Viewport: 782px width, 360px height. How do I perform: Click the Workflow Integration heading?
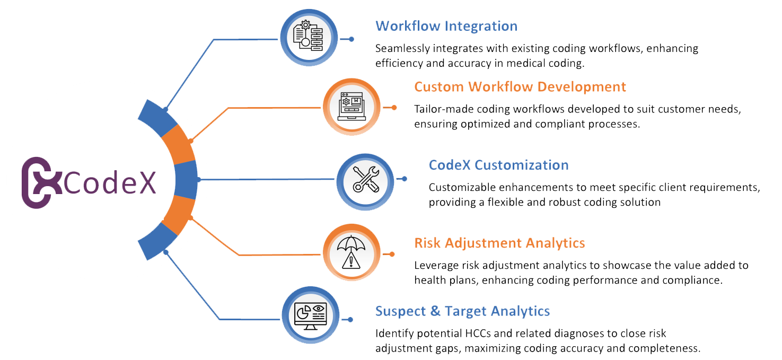[x=446, y=26]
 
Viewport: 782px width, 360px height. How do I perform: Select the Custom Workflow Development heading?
[x=520, y=87]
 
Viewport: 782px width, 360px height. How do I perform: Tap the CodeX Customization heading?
[x=498, y=165]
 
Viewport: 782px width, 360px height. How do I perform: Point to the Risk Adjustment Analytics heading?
[x=499, y=243]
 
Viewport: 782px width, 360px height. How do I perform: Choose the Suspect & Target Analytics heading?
[x=462, y=311]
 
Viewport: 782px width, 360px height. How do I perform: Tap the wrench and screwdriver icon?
[x=366, y=179]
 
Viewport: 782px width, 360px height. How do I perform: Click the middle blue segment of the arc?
[x=186, y=180]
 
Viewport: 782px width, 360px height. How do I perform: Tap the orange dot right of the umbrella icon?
[x=392, y=254]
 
